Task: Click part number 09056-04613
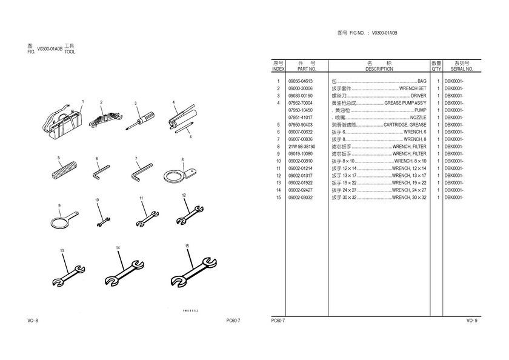point(301,81)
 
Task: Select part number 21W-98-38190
point(302,147)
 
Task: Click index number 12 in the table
point(279,176)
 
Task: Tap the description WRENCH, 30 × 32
point(409,198)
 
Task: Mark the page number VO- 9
point(472,321)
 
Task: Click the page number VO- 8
point(33,321)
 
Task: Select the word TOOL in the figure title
point(70,52)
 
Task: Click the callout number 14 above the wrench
point(118,248)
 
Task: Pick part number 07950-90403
point(301,125)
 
